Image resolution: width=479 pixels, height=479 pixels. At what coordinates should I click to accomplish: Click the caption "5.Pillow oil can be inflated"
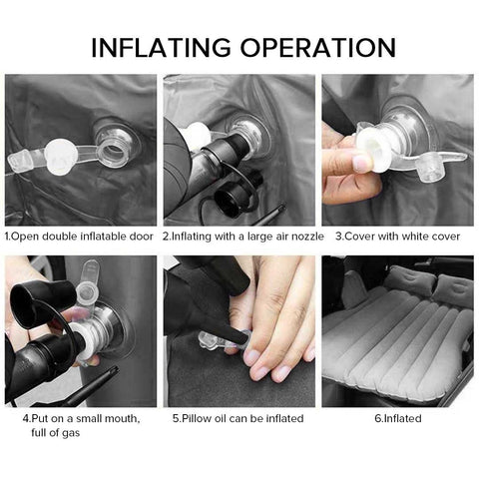click(238, 418)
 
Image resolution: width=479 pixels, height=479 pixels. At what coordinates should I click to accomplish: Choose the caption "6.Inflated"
click(397, 418)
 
